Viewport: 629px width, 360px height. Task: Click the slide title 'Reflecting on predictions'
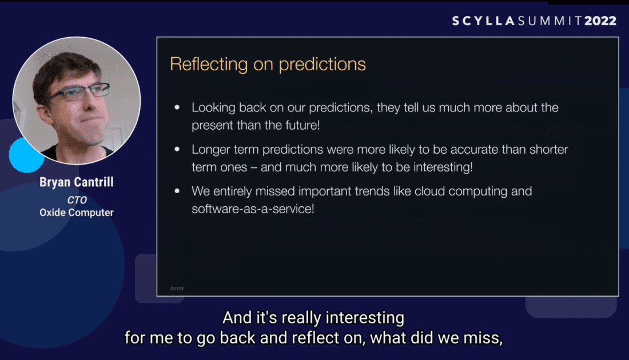tap(268, 64)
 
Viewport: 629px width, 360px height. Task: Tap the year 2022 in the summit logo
tap(600, 21)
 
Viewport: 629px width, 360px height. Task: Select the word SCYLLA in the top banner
tap(483, 21)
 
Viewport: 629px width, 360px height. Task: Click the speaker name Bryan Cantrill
tap(77, 182)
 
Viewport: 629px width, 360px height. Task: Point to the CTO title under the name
tap(77, 200)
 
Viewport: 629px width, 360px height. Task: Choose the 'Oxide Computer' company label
tap(77, 213)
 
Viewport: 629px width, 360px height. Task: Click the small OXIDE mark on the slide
tap(177, 289)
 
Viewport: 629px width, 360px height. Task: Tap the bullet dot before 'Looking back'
tap(177, 107)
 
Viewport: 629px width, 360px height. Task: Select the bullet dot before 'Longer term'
tap(177, 149)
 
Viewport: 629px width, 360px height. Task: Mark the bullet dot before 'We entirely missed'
tap(177, 191)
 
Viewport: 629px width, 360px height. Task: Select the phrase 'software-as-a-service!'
tap(253, 209)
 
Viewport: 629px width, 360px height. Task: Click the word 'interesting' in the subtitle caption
tap(365, 318)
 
